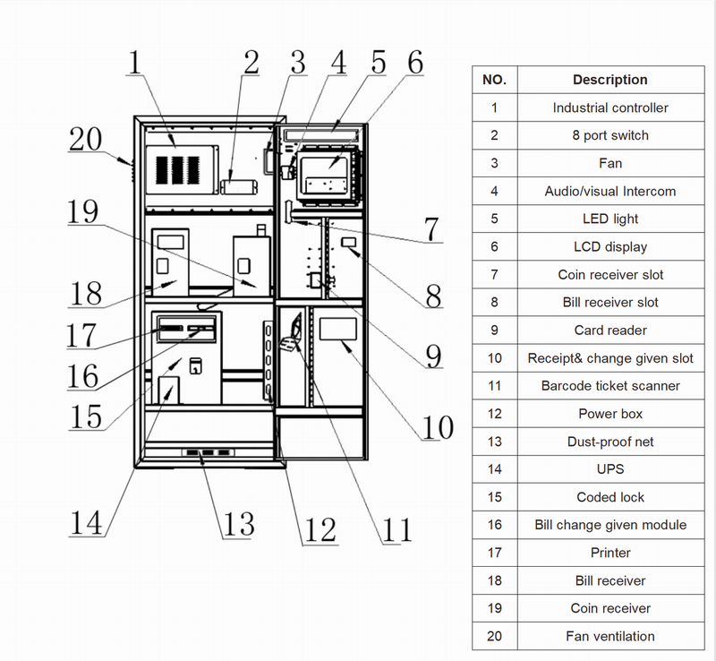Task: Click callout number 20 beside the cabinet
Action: tap(85, 139)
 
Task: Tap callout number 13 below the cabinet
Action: tap(239, 524)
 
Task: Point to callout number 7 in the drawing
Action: tap(431, 228)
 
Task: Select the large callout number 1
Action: tap(135, 62)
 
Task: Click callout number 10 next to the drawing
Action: tap(438, 427)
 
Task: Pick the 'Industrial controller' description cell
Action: tap(610, 107)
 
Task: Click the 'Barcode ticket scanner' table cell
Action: tap(610, 386)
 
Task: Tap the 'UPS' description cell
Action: tap(610, 469)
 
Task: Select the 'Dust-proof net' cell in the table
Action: tap(610, 442)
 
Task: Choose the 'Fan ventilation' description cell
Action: tap(610, 636)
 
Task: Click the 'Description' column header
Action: tap(610, 80)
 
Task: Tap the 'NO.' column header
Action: tap(495, 80)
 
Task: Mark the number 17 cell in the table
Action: tap(495, 553)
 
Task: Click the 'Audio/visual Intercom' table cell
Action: tap(610, 191)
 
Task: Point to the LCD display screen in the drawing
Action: tap(324, 176)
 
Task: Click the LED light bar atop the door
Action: tap(320, 134)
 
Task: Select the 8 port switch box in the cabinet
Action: tap(239, 187)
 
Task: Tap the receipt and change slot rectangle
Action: tap(338, 329)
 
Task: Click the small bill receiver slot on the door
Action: tap(349, 242)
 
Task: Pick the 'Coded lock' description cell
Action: tap(610, 497)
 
